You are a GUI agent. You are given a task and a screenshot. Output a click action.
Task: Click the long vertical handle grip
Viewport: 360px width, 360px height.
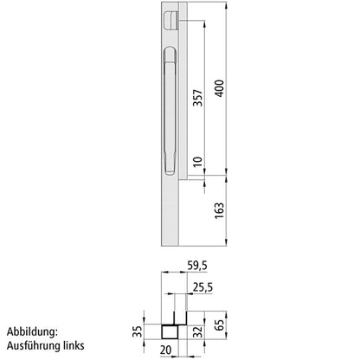tap(170, 108)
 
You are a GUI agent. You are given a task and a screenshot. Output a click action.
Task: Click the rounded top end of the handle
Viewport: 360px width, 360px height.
tap(170, 55)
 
